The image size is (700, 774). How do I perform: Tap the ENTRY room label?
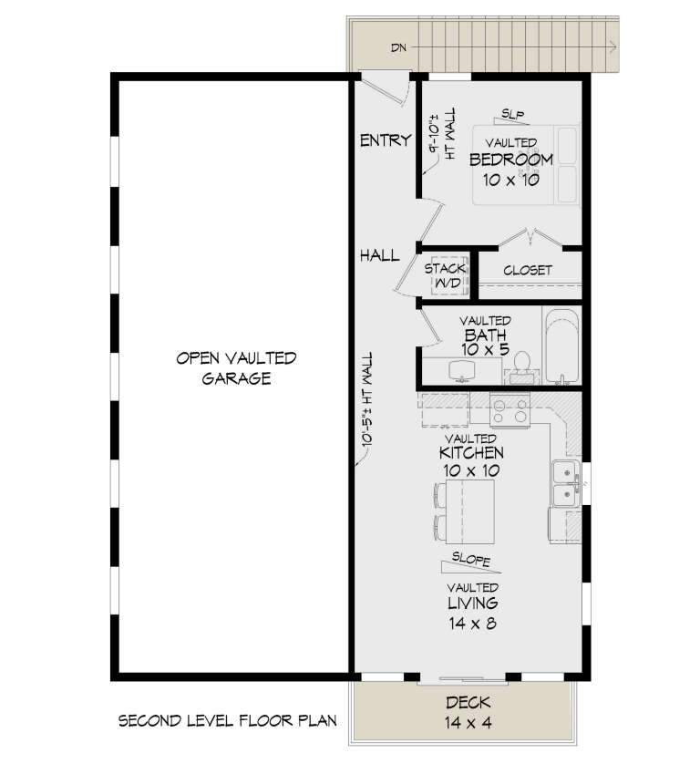385,140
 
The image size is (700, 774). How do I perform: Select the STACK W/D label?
447,275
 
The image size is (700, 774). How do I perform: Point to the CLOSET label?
529,271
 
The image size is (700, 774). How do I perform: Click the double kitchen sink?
566,484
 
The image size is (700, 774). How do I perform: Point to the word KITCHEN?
471,452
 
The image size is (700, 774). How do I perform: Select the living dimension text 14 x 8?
471,624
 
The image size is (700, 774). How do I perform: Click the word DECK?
468,702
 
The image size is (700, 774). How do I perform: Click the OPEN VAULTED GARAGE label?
235,368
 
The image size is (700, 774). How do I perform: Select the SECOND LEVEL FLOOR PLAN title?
228,721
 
